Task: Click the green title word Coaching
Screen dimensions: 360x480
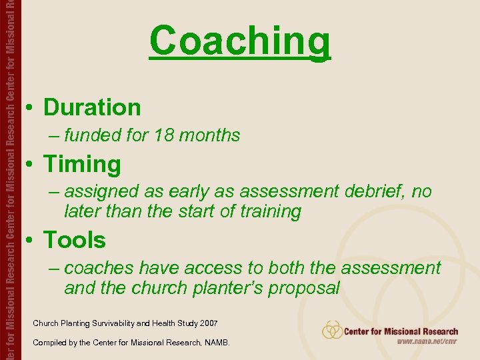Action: [240, 41]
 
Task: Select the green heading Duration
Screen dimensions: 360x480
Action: [92, 107]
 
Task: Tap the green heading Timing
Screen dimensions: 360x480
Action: [82, 164]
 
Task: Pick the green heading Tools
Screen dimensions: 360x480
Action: [75, 240]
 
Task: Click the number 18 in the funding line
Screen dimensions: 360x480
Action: [164, 135]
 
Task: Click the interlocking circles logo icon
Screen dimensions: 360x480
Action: [332, 330]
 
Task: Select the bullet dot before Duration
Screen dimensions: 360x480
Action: [30, 108]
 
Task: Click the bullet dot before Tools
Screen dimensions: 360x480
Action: [30, 241]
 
